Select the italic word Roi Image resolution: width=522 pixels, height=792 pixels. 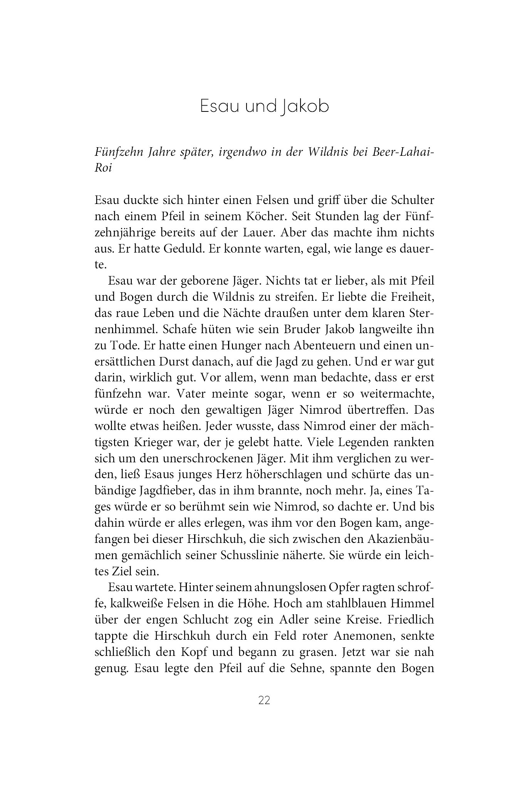tap(103, 168)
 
